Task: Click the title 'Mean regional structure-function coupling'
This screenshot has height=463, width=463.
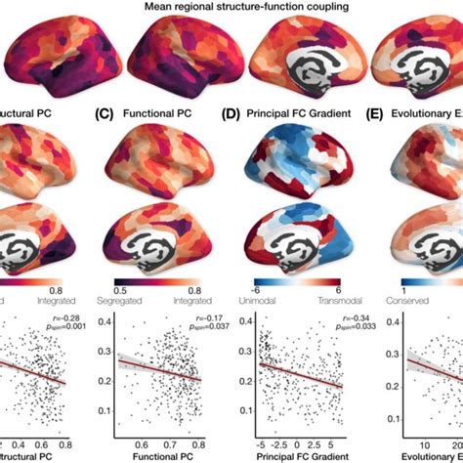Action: point(231,7)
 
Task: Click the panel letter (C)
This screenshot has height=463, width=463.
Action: point(105,112)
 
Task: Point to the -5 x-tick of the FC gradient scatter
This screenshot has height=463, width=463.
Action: point(261,439)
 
